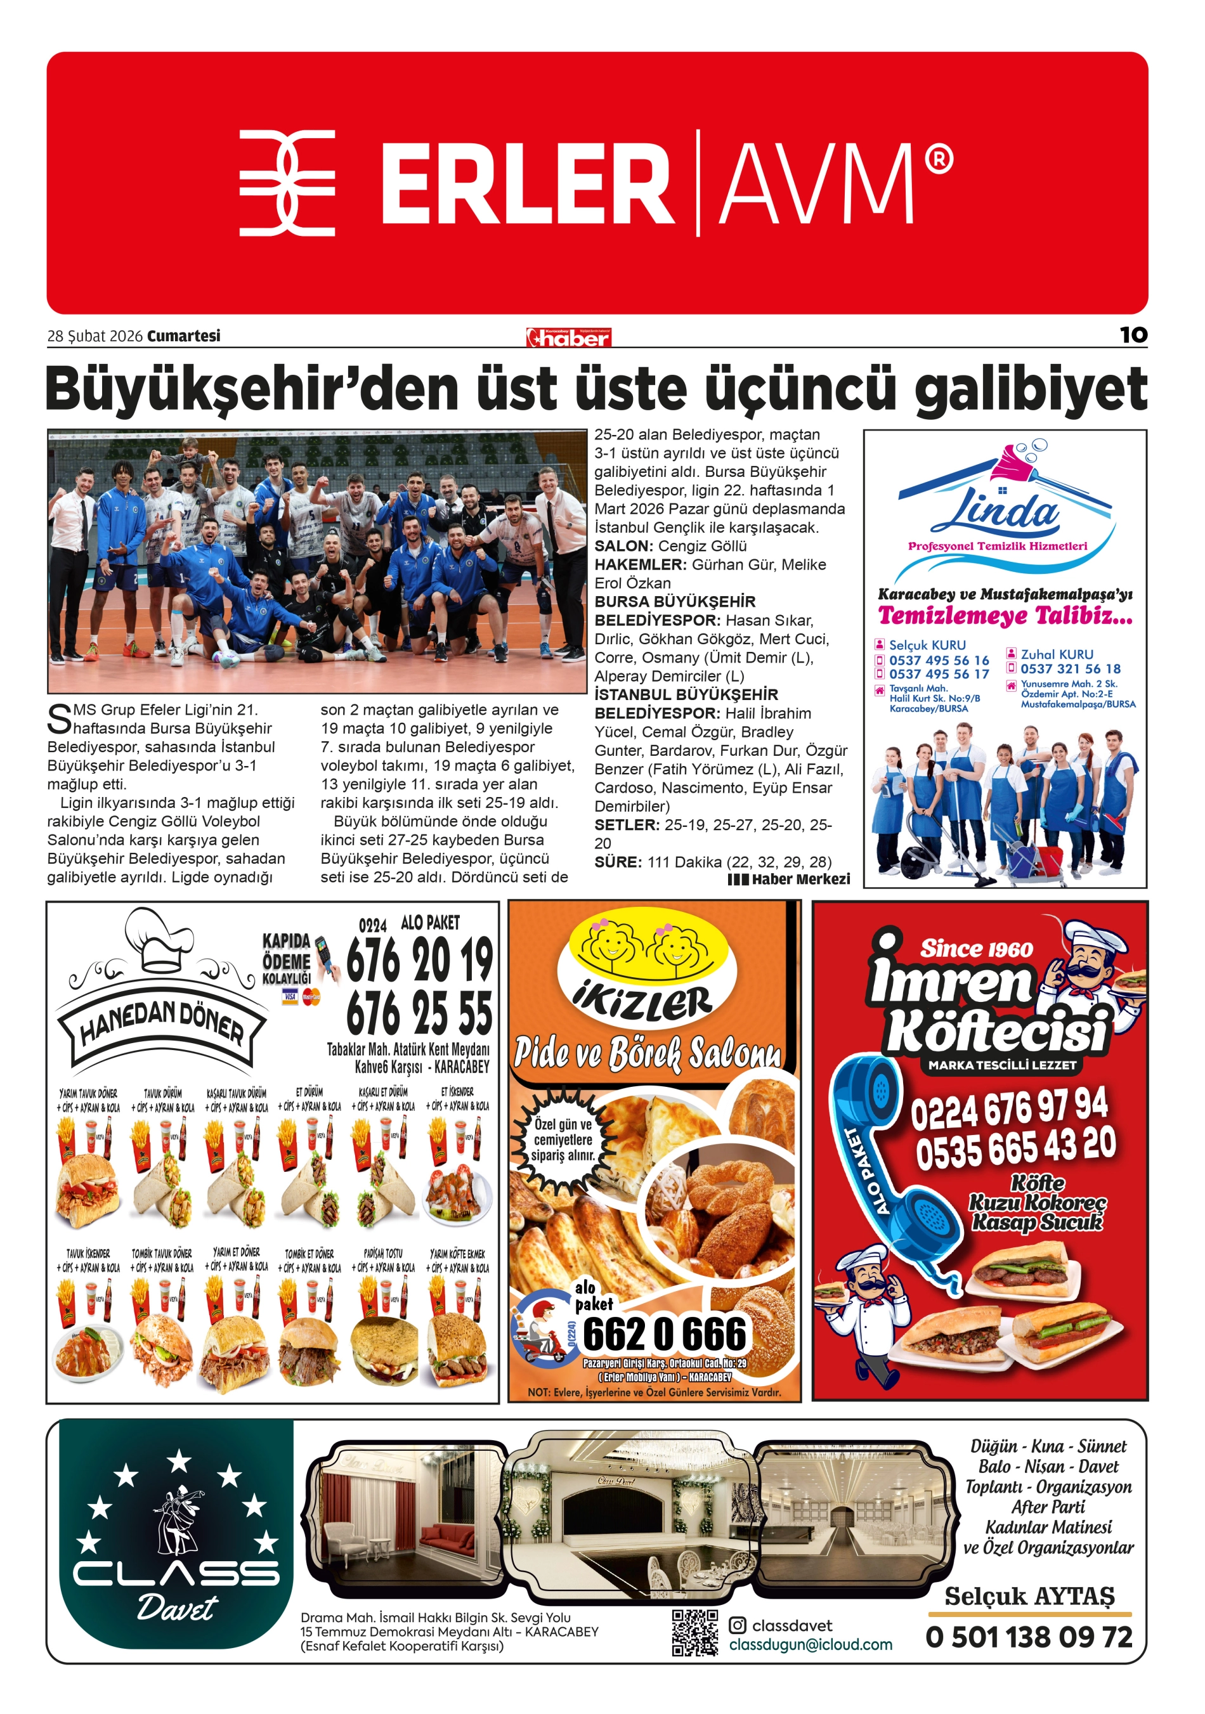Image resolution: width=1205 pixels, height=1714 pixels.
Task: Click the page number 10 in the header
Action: point(1133,335)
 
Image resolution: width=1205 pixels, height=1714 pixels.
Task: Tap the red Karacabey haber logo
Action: point(568,337)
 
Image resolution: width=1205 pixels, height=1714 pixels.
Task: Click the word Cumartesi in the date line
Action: point(184,336)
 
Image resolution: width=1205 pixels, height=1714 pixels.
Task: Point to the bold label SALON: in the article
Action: point(623,546)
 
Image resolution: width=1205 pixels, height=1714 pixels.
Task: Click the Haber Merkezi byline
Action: point(789,879)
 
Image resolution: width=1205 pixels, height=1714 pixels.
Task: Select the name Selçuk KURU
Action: point(927,645)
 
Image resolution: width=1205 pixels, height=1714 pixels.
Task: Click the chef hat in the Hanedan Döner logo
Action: point(160,940)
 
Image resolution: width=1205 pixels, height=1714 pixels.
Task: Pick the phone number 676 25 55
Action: point(419,1013)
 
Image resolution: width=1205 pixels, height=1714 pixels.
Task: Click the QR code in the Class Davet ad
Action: point(694,1632)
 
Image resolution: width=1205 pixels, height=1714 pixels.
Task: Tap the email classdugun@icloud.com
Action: point(810,1644)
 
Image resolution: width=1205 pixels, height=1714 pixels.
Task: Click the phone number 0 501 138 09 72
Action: point(1029,1637)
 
